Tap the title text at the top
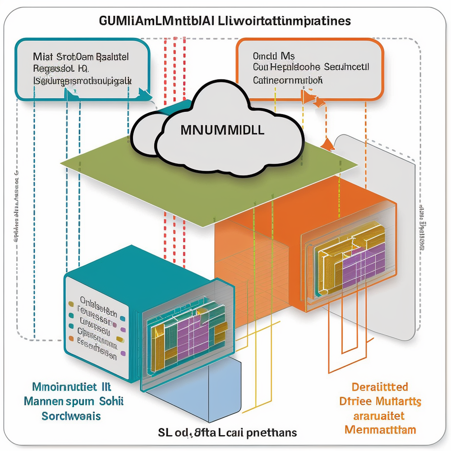coord(225,22)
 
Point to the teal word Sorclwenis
coord(72,415)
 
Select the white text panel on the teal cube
coord(97,322)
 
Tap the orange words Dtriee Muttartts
coord(380,400)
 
